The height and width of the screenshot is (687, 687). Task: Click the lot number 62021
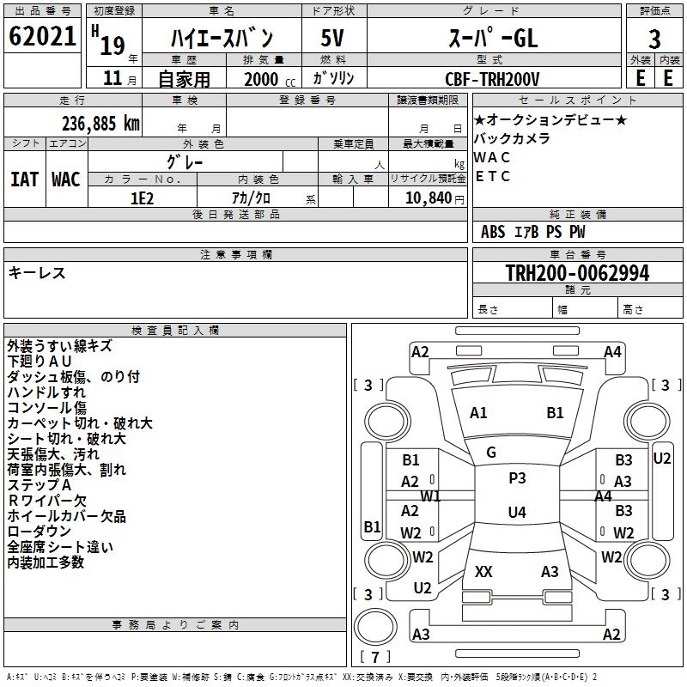click(x=42, y=37)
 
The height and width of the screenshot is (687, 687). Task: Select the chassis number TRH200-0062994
click(x=577, y=273)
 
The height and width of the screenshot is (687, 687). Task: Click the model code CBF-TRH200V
click(x=493, y=79)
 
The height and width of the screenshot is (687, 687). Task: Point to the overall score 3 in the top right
click(x=654, y=39)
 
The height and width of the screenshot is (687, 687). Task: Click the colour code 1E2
click(x=142, y=198)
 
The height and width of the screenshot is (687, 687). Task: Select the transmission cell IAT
click(x=24, y=179)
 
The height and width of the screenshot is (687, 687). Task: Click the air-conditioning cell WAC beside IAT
click(x=66, y=179)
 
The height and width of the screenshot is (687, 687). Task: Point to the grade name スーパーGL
click(x=493, y=38)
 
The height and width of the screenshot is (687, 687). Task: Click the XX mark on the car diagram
click(x=483, y=572)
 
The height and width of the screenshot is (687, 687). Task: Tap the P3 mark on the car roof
click(x=517, y=478)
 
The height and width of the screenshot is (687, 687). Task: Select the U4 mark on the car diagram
click(x=516, y=513)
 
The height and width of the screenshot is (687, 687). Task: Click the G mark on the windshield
click(x=491, y=453)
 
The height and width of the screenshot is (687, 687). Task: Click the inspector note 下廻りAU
click(x=40, y=362)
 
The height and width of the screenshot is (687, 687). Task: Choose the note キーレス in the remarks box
click(x=37, y=272)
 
